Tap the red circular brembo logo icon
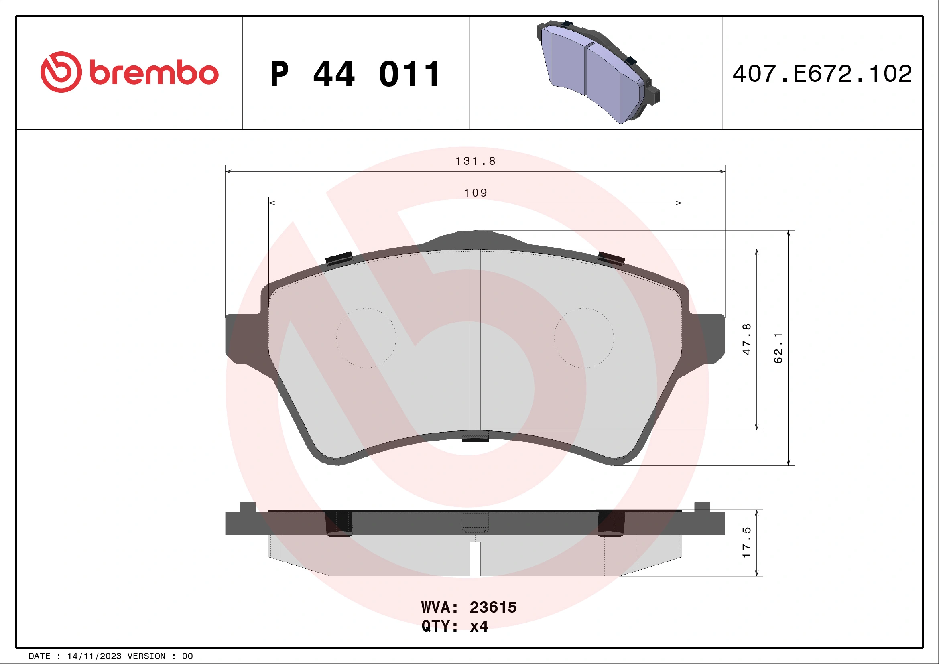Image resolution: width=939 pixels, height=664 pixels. click(x=61, y=72)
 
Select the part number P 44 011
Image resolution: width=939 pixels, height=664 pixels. click(x=355, y=74)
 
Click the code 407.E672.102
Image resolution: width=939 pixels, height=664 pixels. click(x=822, y=74)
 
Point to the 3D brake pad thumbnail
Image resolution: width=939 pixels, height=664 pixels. click(x=598, y=72)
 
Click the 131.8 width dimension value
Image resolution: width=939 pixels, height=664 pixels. click(x=475, y=161)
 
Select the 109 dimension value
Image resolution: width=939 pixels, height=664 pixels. click(x=475, y=193)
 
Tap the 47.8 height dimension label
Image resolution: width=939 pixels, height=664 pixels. click(x=746, y=339)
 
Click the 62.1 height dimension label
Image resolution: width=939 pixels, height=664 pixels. click(x=778, y=348)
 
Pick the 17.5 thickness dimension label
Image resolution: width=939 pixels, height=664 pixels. click(x=746, y=542)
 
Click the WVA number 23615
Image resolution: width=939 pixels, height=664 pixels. click(x=493, y=607)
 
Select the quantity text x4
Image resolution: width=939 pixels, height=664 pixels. click(x=479, y=626)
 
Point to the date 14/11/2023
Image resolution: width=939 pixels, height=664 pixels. click(x=94, y=656)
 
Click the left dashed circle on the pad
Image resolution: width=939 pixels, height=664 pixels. click(x=366, y=338)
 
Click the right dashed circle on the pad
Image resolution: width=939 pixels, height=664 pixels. click(x=583, y=338)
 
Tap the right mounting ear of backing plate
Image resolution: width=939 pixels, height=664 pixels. click(x=707, y=339)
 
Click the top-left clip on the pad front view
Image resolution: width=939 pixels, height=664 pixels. click(x=339, y=258)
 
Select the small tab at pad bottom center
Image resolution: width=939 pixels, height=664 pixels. click(x=475, y=440)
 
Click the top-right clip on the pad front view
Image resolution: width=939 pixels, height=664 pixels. click(x=611, y=258)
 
